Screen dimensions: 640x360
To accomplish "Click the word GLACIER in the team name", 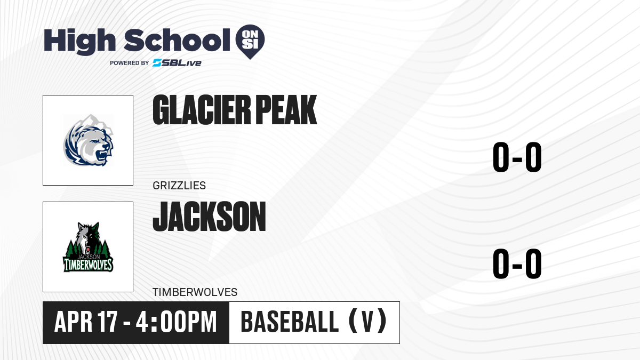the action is click(x=202, y=110).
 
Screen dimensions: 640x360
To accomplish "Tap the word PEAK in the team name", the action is click(x=286, y=110).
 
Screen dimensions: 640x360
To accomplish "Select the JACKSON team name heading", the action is click(x=210, y=217).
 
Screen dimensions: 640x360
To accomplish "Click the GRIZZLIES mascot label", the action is click(x=179, y=186).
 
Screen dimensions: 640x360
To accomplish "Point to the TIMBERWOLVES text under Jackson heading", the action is click(x=195, y=292).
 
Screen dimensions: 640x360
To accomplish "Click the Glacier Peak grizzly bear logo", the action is click(x=89, y=141).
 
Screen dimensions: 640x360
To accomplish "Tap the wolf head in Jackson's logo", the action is click(x=89, y=238).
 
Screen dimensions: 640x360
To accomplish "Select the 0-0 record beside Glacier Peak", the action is click(x=517, y=157).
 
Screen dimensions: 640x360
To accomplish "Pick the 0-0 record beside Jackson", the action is click(x=517, y=263).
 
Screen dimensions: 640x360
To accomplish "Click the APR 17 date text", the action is click(x=86, y=322).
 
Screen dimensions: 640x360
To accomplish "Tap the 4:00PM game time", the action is click(x=177, y=322).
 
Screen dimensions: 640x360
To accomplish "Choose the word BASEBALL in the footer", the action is click(x=290, y=322).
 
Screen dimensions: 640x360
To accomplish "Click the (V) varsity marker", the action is click(x=367, y=322).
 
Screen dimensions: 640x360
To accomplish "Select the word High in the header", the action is click(x=80, y=41).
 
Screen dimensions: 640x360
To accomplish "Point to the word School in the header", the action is click(x=177, y=40).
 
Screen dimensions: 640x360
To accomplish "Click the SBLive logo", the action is click(x=177, y=63).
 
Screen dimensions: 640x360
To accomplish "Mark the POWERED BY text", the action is click(x=130, y=63).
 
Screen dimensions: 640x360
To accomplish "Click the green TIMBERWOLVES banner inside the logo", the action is click(x=89, y=265).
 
